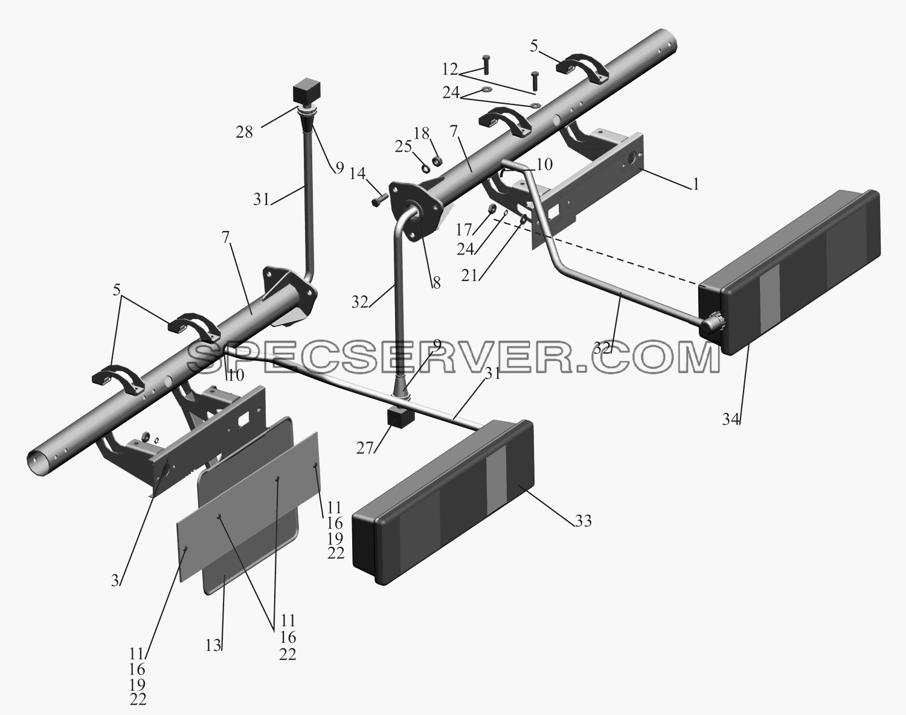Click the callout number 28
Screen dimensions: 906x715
click(244, 133)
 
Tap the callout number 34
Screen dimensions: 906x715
click(731, 419)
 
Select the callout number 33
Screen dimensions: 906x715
click(583, 521)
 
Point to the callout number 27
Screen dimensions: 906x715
click(365, 449)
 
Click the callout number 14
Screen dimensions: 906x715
click(357, 173)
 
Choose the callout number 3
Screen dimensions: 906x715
click(115, 580)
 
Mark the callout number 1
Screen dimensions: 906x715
click(696, 184)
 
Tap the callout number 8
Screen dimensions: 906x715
click(436, 284)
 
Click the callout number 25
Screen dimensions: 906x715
click(403, 147)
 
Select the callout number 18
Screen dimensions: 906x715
click(421, 133)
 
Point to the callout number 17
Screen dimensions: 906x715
click(465, 230)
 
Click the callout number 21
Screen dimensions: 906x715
click(469, 276)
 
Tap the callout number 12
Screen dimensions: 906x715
click(450, 69)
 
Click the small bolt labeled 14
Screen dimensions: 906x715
click(379, 199)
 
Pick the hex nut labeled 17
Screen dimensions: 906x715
click(490, 209)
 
